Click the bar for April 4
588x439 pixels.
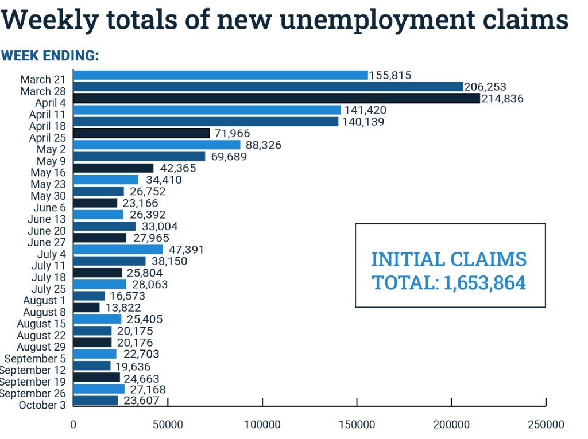[x=276, y=99]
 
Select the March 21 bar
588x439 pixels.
[x=220, y=75]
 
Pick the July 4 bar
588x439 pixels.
[x=118, y=250]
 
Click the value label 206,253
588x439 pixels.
[x=486, y=87]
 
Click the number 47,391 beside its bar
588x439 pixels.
[x=185, y=250]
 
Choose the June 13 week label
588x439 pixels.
[x=47, y=219]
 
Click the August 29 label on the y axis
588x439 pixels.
[x=41, y=347]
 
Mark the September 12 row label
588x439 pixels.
[x=33, y=370]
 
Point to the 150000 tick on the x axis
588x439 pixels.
[x=357, y=425]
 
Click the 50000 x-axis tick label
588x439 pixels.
[x=168, y=425]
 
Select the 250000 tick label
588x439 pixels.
[x=546, y=425]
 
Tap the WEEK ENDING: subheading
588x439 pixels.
[x=50, y=56]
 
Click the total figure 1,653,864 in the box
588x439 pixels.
[x=485, y=283]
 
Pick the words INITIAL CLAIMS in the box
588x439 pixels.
[x=449, y=259]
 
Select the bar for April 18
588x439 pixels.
[x=206, y=122]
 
